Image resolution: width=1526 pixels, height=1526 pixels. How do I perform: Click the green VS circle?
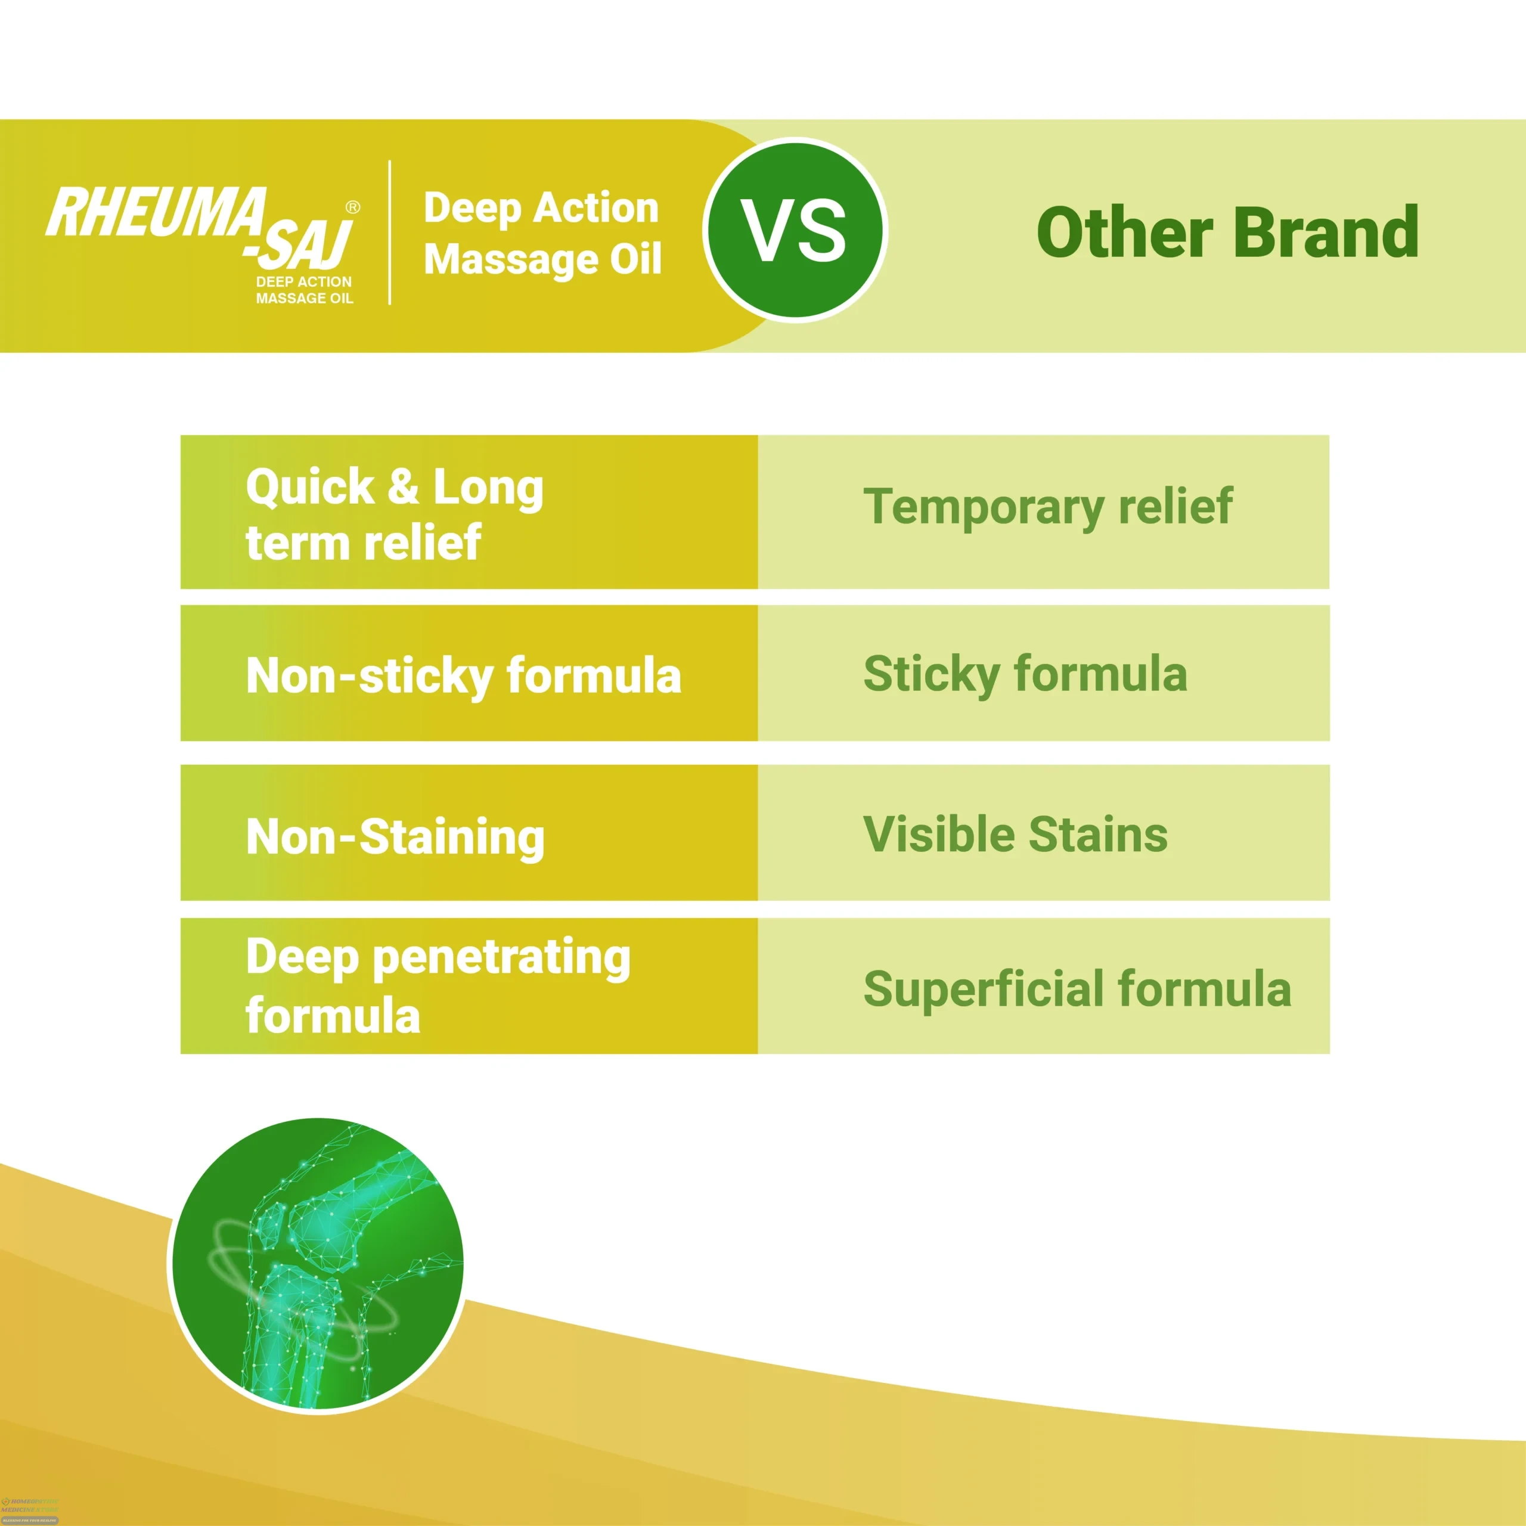coord(795,230)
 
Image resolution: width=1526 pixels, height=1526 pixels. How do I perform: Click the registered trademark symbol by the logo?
coord(353,207)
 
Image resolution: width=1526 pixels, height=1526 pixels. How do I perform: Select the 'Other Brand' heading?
coord(1227,232)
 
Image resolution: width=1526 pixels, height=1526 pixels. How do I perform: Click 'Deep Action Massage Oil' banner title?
coord(542,234)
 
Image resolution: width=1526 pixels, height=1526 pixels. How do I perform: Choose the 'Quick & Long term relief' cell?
coord(469,512)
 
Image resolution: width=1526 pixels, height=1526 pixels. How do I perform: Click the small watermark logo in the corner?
coord(29,1509)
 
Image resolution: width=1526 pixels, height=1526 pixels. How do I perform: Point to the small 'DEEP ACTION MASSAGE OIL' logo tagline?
coord(304,290)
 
